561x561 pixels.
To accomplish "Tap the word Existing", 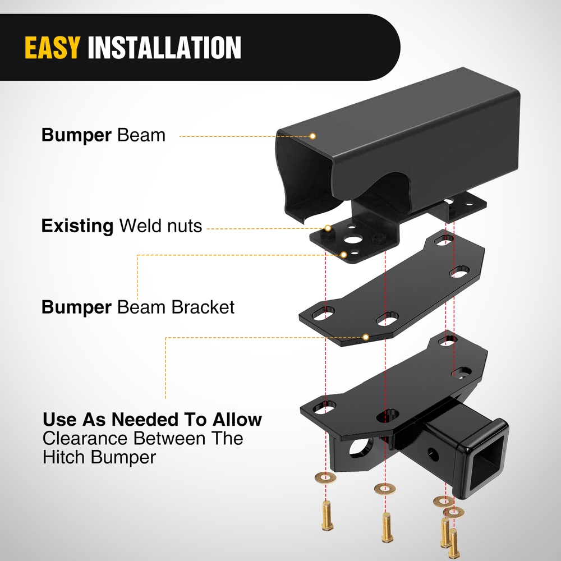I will [77, 226].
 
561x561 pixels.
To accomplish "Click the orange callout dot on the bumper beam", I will [313, 136].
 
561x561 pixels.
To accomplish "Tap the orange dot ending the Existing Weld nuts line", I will [328, 228].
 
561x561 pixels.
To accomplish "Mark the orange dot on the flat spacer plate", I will [366, 337].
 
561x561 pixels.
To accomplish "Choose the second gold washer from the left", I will [384, 488].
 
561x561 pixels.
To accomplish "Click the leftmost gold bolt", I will [326, 516].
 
